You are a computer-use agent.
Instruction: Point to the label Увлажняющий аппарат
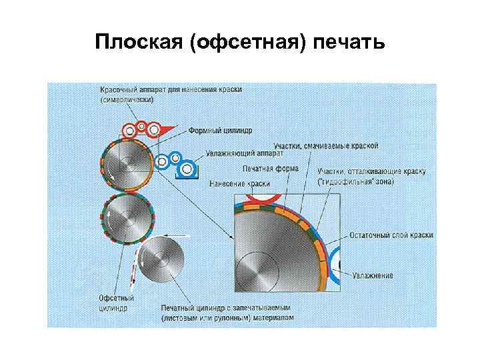point(226,152)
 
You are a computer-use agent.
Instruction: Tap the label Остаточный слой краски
point(391,235)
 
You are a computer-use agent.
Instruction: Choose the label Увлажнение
point(374,275)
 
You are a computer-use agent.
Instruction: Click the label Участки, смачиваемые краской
point(326,145)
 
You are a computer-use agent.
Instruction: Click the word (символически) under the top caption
point(127,100)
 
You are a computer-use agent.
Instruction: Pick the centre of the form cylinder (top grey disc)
point(127,164)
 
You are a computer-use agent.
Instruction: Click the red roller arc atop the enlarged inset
point(263,198)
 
